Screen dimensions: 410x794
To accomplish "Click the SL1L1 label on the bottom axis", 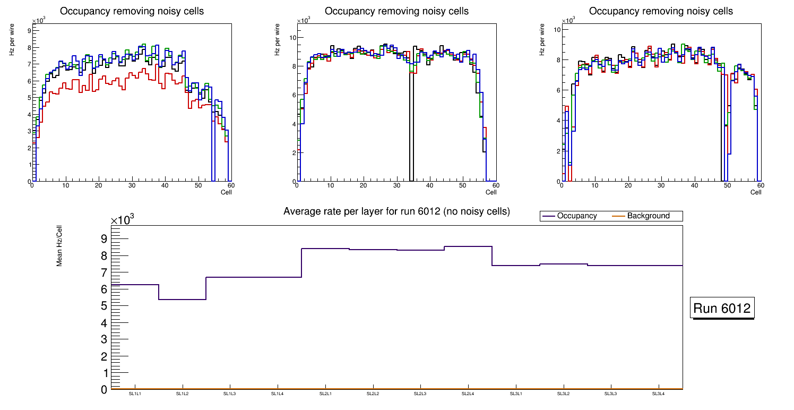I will [135, 394].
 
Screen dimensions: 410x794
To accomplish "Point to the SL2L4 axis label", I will [468, 394].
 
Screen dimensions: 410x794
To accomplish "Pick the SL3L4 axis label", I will [659, 394].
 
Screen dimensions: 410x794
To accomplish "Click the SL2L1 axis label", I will [325, 394].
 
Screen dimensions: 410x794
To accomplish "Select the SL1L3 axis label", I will [230, 394].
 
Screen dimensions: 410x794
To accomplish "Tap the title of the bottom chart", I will [396, 211].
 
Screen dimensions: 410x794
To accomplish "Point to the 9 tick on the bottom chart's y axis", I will [104, 238].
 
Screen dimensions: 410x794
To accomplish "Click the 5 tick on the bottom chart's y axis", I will [104, 306].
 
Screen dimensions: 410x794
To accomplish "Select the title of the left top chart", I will [132, 11].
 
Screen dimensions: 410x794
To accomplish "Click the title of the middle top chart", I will [396, 11].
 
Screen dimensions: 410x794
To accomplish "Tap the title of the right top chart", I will [661, 11].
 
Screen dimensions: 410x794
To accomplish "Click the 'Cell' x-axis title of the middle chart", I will [491, 192].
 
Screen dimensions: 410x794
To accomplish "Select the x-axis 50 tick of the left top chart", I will [197, 186].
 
